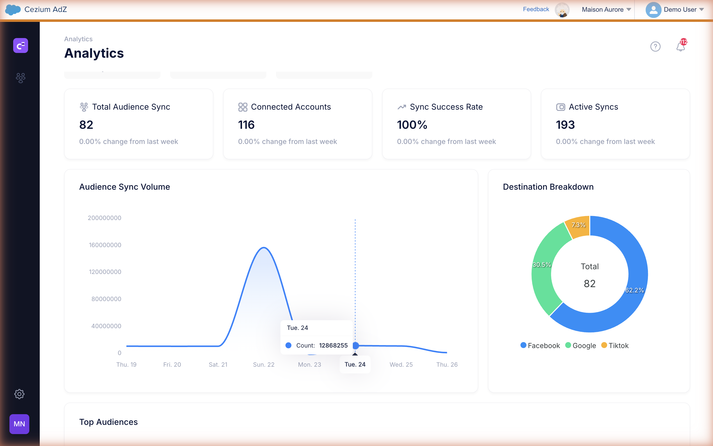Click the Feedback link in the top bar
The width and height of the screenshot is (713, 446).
point(536,9)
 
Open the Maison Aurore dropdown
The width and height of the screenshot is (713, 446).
point(606,9)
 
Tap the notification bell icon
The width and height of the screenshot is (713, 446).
point(680,46)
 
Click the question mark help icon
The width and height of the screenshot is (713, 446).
point(655,46)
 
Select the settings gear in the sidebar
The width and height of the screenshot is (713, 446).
point(19,394)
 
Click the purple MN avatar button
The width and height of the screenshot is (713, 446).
point(19,424)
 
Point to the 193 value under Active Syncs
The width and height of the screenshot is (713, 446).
point(565,125)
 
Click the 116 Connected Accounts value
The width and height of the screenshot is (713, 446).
point(246,125)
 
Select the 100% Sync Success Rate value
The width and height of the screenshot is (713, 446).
point(412,125)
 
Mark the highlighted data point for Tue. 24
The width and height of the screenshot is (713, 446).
point(356,345)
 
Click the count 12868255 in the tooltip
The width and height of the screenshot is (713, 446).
point(333,345)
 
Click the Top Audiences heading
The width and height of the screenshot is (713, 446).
point(109,422)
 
